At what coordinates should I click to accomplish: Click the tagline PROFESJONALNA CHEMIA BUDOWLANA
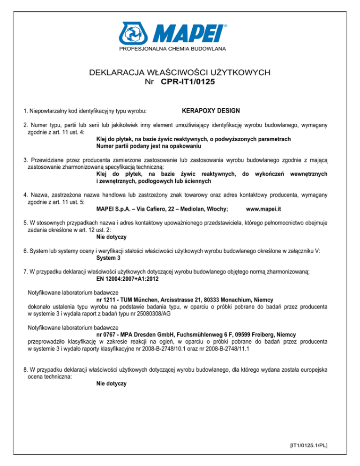tap(180, 49)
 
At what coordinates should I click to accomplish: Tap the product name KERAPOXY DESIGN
tap(210, 111)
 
